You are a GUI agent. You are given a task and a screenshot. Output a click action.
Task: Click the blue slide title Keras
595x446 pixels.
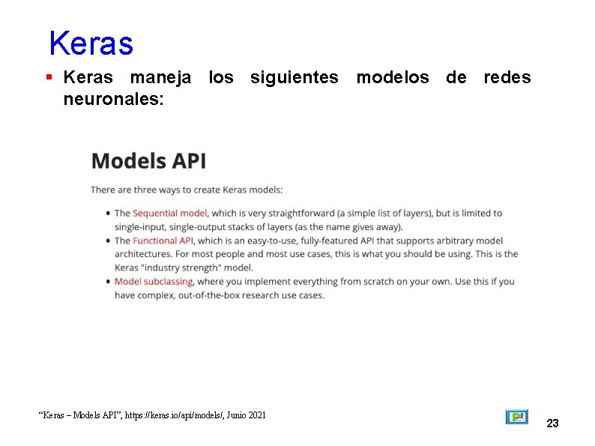point(91,43)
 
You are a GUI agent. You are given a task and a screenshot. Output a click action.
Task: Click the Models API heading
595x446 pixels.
point(148,160)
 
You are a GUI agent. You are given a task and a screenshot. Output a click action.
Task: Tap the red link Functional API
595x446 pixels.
point(163,241)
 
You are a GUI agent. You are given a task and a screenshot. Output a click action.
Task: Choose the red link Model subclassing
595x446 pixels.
point(154,282)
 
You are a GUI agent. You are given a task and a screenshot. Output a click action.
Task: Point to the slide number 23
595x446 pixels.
point(552,424)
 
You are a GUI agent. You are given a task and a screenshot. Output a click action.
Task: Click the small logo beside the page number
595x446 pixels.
point(516,417)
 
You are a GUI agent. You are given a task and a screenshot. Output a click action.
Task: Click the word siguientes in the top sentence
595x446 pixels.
point(294,77)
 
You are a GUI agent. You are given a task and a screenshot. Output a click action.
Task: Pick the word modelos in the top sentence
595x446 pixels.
point(392,77)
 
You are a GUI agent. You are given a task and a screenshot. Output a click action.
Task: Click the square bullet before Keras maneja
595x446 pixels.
point(49,77)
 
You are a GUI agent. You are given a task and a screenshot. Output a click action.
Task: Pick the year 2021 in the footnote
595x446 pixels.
point(256,415)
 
